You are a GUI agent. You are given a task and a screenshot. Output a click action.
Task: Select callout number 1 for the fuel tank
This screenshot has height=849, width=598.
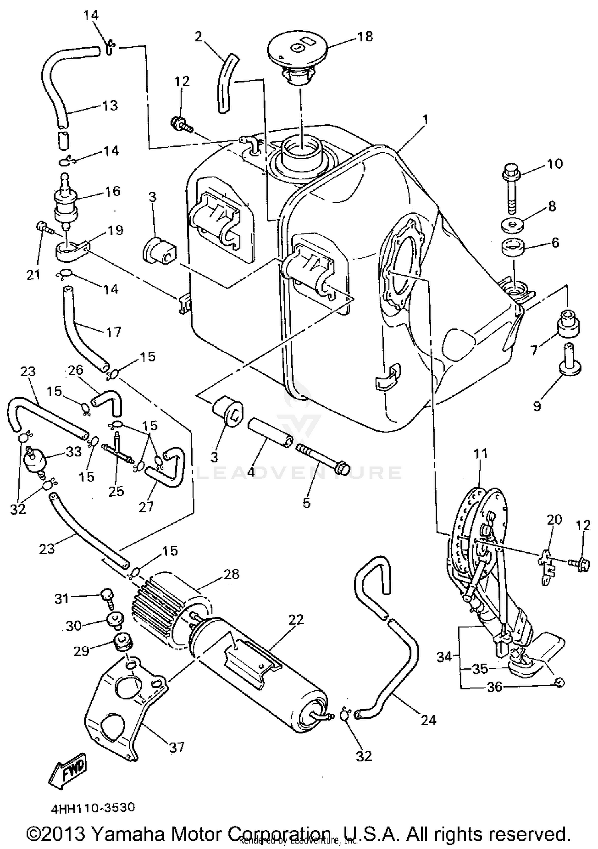point(425,120)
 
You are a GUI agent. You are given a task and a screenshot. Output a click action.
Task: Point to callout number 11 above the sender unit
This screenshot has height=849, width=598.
point(481,454)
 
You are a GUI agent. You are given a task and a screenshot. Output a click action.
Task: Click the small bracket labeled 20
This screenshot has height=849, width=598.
point(546,560)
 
